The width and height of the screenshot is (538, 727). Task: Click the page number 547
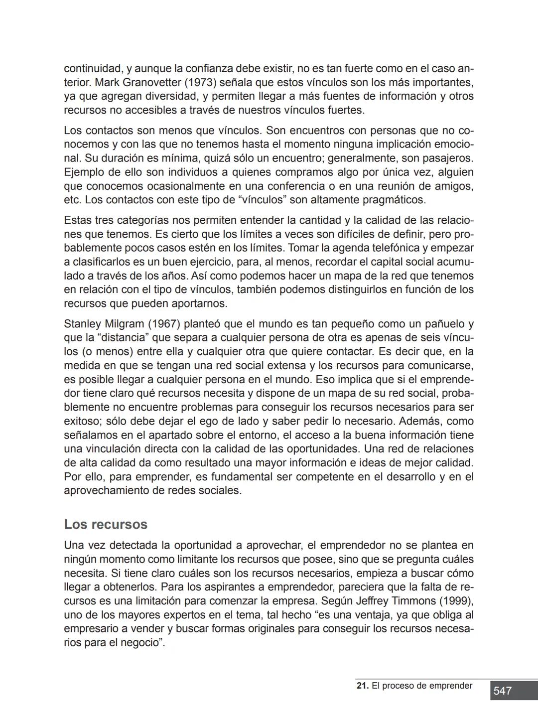(x=503, y=691)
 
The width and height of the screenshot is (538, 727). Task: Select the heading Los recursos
(x=106, y=524)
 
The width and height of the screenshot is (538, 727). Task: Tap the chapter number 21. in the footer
(x=363, y=686)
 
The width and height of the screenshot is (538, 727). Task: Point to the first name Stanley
(x=82, y=324)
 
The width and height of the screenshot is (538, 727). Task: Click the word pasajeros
(x=446, y=158)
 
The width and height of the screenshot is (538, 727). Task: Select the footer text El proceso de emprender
(x=422, y=686)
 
